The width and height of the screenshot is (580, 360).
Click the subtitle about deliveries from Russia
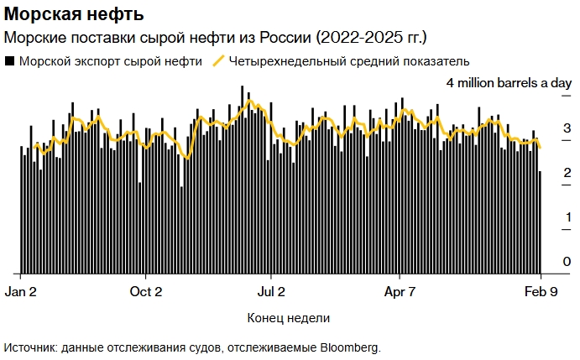[x=217, y=38]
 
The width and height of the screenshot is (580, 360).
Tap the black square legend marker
[x=10, y=61]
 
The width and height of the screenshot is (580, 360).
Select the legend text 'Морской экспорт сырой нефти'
[x=110, y=61]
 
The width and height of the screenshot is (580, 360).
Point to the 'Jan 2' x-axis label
[x=21, y=293]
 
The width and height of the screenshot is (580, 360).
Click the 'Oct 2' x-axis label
[x=146, y=293]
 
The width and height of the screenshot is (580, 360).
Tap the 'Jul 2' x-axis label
[x=271, y=293]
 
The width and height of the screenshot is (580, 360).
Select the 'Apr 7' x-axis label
[x=400, y=293]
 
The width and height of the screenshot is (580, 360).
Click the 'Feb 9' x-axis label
[x=541, y=293]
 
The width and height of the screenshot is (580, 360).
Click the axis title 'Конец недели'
[x=289, y=319]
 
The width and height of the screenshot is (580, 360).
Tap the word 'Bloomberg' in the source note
[x=351, y=347]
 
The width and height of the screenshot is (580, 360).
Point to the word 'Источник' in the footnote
[x=30, y=347]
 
